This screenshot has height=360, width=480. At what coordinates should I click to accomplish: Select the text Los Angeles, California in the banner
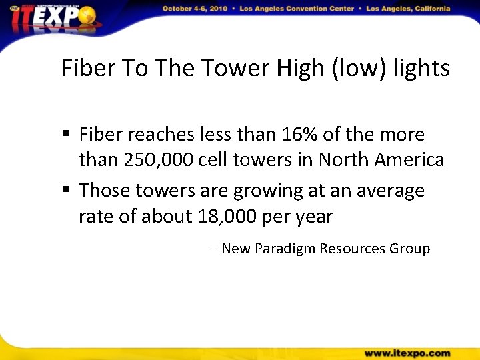pyautogui.click(x=406, y=9)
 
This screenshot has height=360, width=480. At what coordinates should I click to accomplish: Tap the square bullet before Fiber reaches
pyautogui.click(x=66, y=135)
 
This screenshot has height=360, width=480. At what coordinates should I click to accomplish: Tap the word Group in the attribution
pyautogui.click(x=410, y=249)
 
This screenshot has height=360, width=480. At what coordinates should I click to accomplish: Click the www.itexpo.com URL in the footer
pyautogui.click(x=407, y=353)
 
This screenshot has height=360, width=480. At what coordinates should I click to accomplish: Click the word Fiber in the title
pyautogui.click(x=85, y=68)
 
